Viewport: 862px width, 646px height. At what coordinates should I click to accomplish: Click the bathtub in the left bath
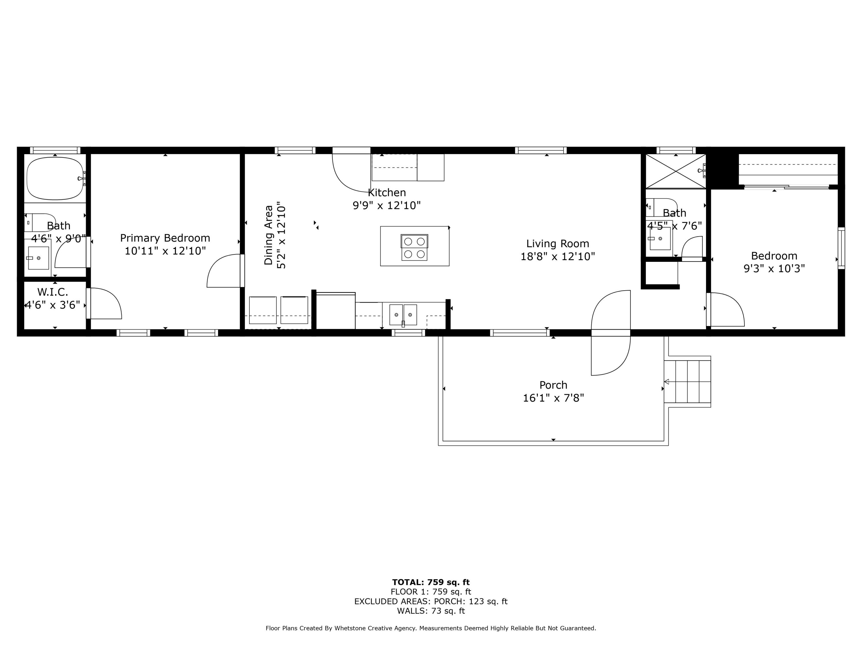55,178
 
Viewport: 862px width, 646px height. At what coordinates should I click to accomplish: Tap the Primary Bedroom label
165,238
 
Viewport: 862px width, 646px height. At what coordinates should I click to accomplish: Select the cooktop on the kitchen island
414,247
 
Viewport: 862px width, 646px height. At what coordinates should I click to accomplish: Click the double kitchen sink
403,315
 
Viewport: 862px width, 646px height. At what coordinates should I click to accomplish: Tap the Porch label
553,385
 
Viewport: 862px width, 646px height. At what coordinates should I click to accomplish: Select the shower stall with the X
675,171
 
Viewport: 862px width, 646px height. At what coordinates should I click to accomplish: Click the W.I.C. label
53,292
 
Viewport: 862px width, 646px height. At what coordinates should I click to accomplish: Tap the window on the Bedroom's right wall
841,248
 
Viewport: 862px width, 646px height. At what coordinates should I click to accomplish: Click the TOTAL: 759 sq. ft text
431,582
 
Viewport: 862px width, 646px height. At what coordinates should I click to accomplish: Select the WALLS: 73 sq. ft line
431,611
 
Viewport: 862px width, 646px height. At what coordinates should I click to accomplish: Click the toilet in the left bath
41,222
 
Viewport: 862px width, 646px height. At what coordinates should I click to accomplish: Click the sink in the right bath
660,238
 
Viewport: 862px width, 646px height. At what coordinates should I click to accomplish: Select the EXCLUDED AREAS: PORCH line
431,601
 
